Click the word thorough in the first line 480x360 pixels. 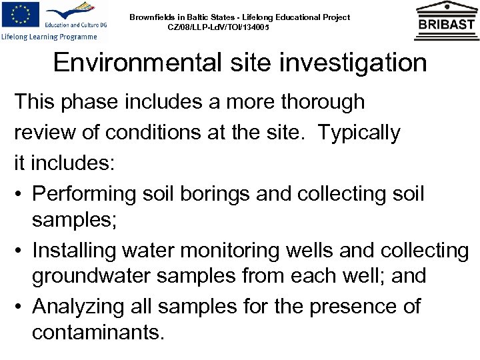pos(319,102)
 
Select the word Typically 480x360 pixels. pos(359,133)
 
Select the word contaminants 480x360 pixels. pos(97,332)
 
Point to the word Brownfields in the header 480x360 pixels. pos(153,17)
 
